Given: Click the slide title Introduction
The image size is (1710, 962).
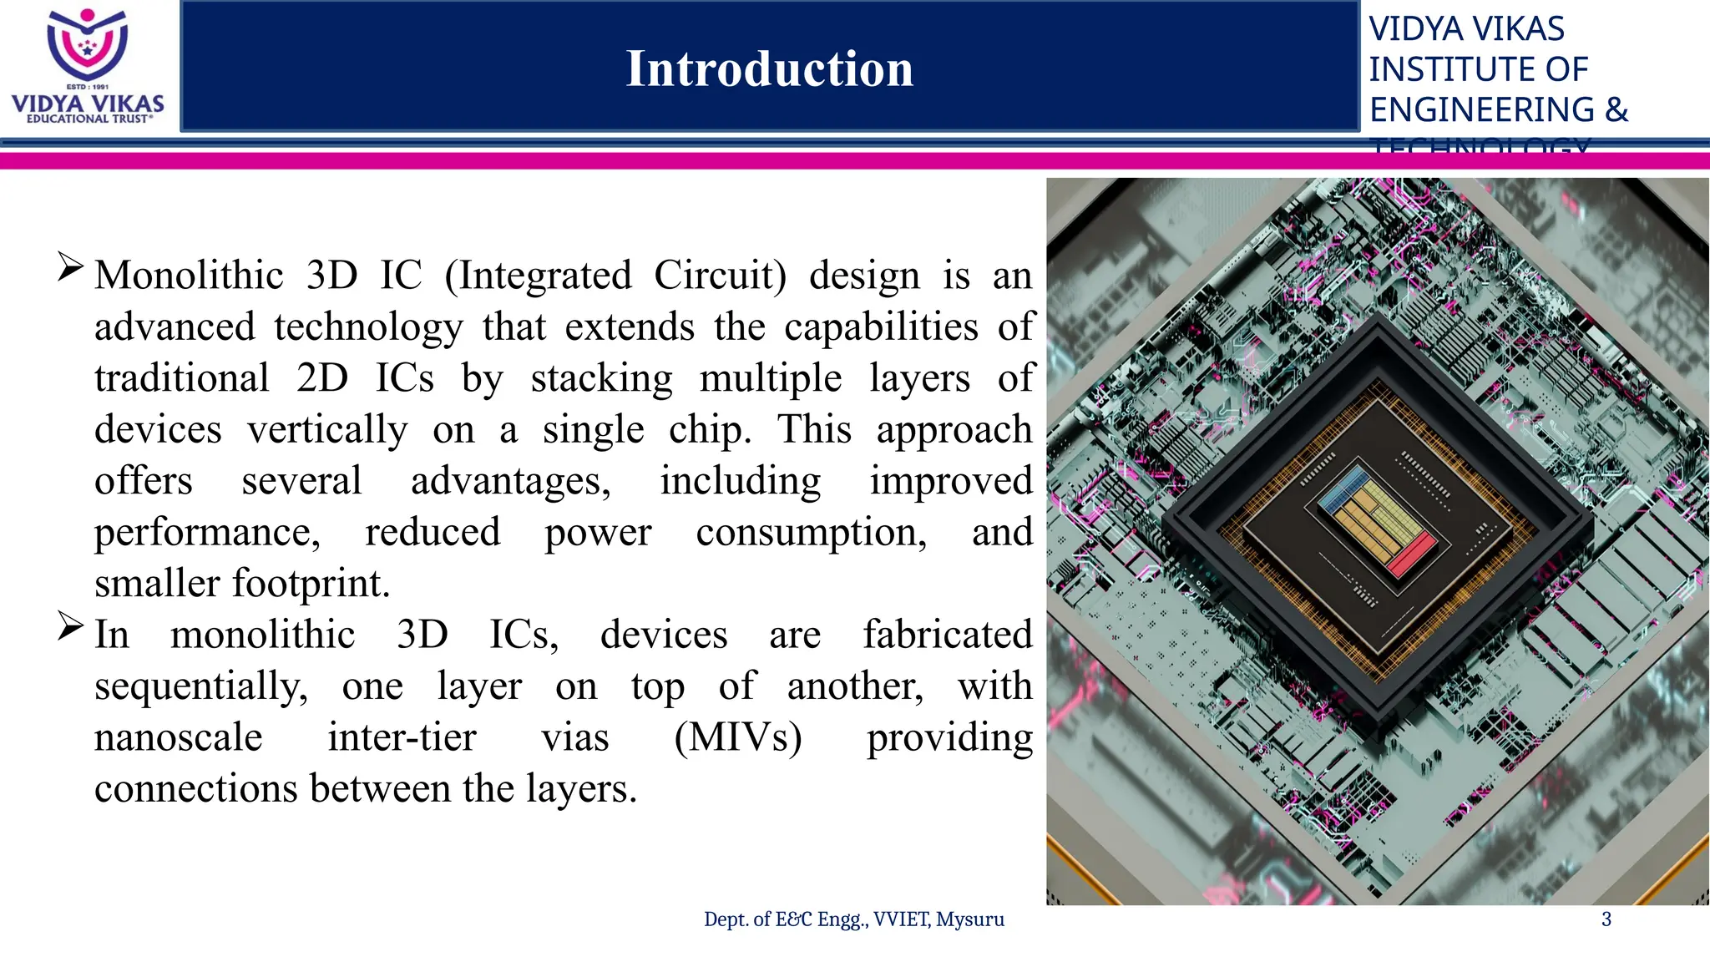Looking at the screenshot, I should (769, 68).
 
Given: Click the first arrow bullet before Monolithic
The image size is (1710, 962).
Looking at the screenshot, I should (70, 267).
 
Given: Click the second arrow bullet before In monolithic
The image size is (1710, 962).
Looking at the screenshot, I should (70, 626).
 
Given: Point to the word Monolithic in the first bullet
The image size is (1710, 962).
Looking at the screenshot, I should (189, 276).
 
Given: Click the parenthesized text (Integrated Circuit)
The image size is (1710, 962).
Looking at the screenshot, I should (615, 276).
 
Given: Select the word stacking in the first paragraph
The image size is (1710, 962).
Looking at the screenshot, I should (601, 378).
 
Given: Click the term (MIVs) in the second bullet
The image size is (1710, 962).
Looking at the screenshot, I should (738, 737).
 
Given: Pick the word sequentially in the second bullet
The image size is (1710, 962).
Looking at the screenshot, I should (200, 686).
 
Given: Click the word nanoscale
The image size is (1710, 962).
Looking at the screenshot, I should (178, 737).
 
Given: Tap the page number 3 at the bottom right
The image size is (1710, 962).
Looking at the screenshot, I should (1606, 919).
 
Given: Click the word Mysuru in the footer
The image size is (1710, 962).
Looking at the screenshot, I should (970, 919).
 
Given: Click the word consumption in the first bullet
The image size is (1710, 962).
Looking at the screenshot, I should (811, 532).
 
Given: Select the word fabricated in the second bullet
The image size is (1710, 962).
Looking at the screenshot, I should (947, 635).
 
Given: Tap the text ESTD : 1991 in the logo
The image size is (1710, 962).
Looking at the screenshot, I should (88, 87).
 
